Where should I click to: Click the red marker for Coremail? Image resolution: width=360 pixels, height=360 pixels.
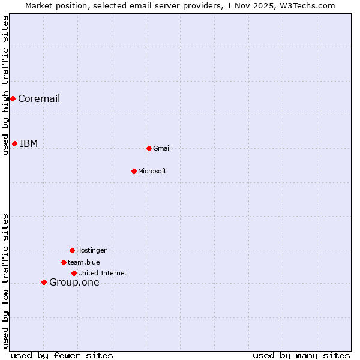(13, 98)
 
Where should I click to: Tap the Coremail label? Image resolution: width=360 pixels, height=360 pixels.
(39, 99)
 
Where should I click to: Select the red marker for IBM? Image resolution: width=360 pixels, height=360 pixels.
(14, 143)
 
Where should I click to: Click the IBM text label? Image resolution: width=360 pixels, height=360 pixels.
(29, 144)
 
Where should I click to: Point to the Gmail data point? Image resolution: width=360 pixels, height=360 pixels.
(149, 148)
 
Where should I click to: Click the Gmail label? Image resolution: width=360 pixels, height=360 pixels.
(162, 149)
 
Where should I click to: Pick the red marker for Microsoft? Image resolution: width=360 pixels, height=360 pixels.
(134, 171)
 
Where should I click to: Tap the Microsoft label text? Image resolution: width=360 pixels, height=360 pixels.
(152, 172)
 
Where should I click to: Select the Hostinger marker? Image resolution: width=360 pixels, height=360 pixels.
(72, 250)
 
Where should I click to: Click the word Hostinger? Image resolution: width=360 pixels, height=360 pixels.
(91, 251)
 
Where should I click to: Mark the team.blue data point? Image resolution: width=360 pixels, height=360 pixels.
(64, 262)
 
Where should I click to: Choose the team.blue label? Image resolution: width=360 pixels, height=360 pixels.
(83, 262)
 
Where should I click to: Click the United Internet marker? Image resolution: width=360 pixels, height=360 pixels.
(74, 273)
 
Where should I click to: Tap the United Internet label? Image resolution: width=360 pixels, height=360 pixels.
(102, 274)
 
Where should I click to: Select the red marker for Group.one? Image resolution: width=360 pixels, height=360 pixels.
(44, 282)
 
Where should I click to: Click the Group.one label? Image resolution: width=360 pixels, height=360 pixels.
(74, 283)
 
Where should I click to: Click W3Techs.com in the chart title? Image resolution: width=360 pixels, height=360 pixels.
(310, 5)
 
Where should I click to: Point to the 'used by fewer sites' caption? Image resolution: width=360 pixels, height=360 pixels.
(62, 355)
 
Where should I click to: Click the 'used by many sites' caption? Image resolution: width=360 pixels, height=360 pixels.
(301, 355)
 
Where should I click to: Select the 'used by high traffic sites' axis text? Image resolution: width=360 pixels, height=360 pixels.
(5, 85)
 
